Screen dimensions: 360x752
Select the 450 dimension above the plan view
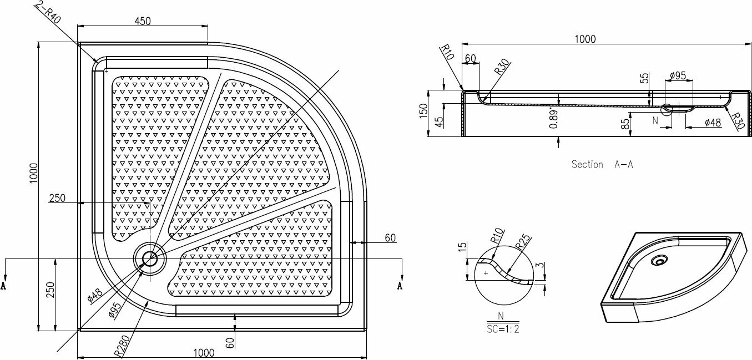pos(143,21)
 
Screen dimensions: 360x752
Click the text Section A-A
pos(602,164)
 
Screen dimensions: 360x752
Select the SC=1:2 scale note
pos(502,328)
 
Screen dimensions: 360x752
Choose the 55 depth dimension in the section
pos(645,78)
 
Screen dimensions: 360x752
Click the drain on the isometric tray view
pos(659,260)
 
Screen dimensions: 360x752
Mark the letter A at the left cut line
pos(6,286)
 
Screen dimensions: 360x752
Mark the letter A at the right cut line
pos(399,286)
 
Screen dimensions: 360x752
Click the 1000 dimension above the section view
pos(585,39)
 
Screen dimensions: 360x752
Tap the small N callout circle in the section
pos(667,110)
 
